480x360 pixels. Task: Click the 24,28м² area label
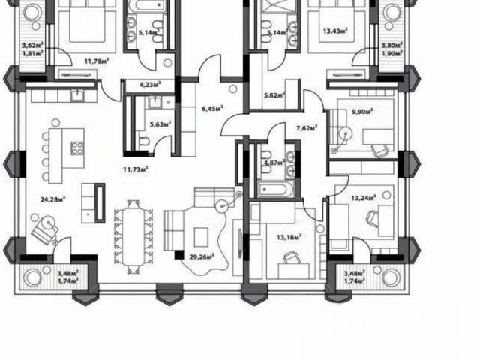[x=53, y=199]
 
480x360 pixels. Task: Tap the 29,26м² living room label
[x=202, y=256]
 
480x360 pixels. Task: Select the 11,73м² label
[x=136, y=169]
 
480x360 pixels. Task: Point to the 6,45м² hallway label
[x=212, y=108]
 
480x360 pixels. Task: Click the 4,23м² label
[x=150, y=84]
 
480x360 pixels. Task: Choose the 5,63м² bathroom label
[x=160, y=124]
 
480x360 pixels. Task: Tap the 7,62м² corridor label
[x=307, y=128]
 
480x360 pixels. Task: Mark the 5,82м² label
[x=274, y=95]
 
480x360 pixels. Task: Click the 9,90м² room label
[x=362, y=111]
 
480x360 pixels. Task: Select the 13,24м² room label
[x=364, y=198]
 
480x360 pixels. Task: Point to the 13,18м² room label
[x=289, y=237]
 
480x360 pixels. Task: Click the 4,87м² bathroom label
[x=274, y=163]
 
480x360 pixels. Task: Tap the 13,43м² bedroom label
[x=335, y=31]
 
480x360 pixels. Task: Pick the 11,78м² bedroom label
[x=97, y=61]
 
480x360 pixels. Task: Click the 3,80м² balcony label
[x=391, y=46]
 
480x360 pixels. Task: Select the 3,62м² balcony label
[x=32, y=46]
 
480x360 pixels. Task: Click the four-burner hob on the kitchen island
[x=76, y=148]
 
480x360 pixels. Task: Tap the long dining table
[x=133, y=238]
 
